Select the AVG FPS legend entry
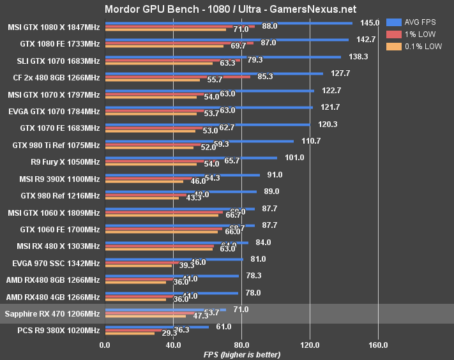411,22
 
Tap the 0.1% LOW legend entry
411,47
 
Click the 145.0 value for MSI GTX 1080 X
369,23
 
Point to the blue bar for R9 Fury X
191,157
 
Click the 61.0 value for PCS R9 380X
225,326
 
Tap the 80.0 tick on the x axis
241,345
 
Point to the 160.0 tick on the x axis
378,345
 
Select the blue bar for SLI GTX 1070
223,57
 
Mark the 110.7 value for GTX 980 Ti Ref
310,140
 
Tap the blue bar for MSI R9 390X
183,174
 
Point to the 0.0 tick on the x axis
105,345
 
